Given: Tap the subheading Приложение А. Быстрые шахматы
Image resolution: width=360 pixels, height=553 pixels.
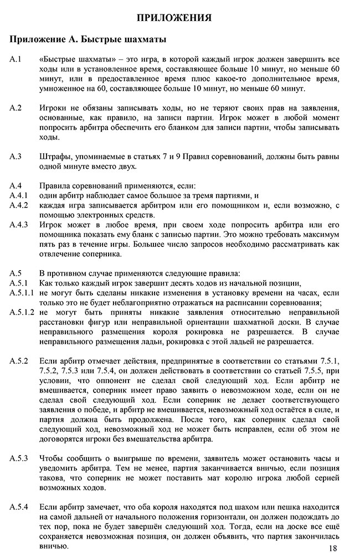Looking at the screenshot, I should [88, 40].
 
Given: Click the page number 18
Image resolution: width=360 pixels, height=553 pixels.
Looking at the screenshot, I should [332, 547].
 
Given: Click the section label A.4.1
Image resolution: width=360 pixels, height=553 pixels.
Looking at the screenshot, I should [19, 195].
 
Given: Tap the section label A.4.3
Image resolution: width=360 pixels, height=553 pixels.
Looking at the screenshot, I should [19, 225].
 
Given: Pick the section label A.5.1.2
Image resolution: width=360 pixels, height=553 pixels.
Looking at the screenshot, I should [22, 312].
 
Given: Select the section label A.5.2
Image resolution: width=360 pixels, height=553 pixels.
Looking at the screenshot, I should [19, 361].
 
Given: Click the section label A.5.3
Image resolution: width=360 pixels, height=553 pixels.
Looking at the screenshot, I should [19, 459].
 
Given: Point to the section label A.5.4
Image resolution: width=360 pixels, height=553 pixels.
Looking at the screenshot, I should [19, 508].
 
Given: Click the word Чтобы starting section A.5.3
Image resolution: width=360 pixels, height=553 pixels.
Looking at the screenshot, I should [53, 459].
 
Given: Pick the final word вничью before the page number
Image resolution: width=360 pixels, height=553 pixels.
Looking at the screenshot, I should [53, 546].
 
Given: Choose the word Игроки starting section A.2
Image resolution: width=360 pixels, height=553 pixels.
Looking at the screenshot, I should [54, 106].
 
